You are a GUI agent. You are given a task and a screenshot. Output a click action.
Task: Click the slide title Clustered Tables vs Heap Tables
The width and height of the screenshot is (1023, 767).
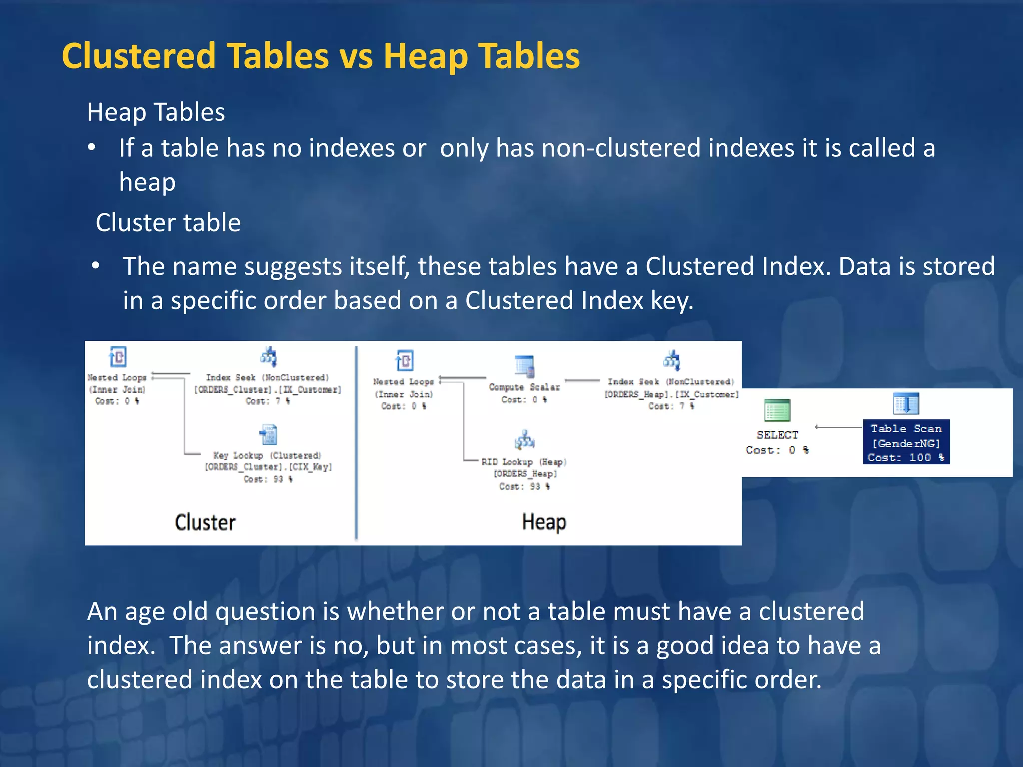[321, 56]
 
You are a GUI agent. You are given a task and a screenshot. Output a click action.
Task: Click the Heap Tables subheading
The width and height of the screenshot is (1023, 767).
[156, 112]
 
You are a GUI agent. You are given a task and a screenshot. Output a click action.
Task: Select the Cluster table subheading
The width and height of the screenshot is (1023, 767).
[168, 222]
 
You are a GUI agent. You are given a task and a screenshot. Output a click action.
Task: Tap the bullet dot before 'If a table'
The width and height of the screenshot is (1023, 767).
[91, 148]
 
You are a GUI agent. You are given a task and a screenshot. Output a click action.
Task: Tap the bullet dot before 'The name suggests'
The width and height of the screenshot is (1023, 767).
[96, 266]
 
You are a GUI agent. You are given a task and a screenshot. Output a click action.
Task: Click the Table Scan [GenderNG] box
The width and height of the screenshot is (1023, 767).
[906, 442]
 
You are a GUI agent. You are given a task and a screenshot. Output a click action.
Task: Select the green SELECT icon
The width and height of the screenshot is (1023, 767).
[777, 411]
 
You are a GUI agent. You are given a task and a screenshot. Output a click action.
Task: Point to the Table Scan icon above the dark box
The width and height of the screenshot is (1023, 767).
[906, 404]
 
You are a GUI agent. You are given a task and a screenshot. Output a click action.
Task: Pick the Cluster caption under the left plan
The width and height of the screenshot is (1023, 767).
[205, 522]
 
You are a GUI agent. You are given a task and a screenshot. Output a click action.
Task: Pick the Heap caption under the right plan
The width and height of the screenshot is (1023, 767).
[544, 522]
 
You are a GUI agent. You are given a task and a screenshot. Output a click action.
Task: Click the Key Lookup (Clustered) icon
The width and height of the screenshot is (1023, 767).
[268, 435]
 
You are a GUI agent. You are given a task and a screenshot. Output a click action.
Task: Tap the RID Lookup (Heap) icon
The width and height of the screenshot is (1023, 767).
[524, 440]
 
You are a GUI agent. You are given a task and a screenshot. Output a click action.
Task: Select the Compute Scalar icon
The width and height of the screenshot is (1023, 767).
[524, 366]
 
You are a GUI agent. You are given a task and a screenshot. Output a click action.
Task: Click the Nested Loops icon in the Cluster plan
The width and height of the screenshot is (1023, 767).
[118, 357]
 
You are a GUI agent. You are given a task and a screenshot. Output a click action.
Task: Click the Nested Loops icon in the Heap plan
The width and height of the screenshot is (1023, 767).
[404, 361]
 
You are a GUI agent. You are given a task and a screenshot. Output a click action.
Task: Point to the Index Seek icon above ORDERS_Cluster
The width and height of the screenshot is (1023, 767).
[268, 357]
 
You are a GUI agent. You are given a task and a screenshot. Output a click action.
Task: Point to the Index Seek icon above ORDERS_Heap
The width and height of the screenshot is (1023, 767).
[671, 360]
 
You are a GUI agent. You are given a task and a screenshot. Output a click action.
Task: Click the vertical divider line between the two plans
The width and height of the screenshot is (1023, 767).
[356, 442]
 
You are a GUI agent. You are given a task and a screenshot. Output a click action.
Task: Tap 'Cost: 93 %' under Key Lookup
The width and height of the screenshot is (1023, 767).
[268, 479]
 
